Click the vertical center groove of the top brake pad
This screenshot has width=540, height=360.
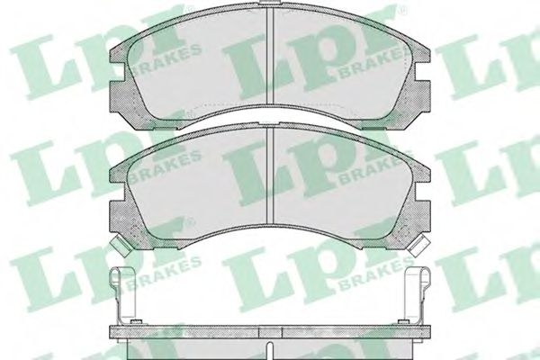(270, 56)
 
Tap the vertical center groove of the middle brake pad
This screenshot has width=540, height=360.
(270, 175)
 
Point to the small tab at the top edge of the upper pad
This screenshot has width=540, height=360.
(270, 3)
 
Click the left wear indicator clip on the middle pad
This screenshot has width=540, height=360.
(120, 246)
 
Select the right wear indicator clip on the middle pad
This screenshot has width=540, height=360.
(418, 246)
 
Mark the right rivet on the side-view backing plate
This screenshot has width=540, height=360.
(403, 322)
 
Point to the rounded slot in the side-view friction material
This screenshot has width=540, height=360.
(270, 351)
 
